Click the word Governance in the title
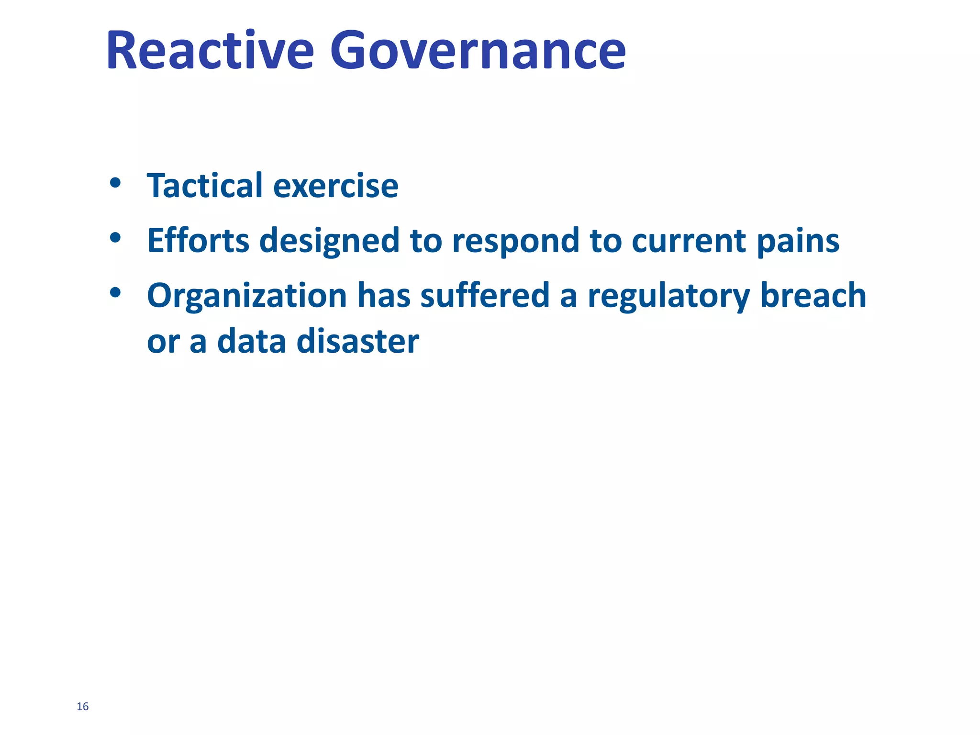[x=478, y=50]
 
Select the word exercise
[x=335, y=186]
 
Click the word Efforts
[x=198, y=240]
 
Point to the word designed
[x=329, y=241]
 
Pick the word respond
[x=516, y=241]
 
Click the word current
[x=689, y=241]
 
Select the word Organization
[x=247, y=296]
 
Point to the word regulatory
[x=668, y=296]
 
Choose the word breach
[x=813, y=295]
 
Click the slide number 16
[x=82, y=707]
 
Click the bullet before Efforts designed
[x=115, y=237]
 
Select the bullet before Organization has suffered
[x=115, y=292]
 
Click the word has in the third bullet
[x=384, y=295]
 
